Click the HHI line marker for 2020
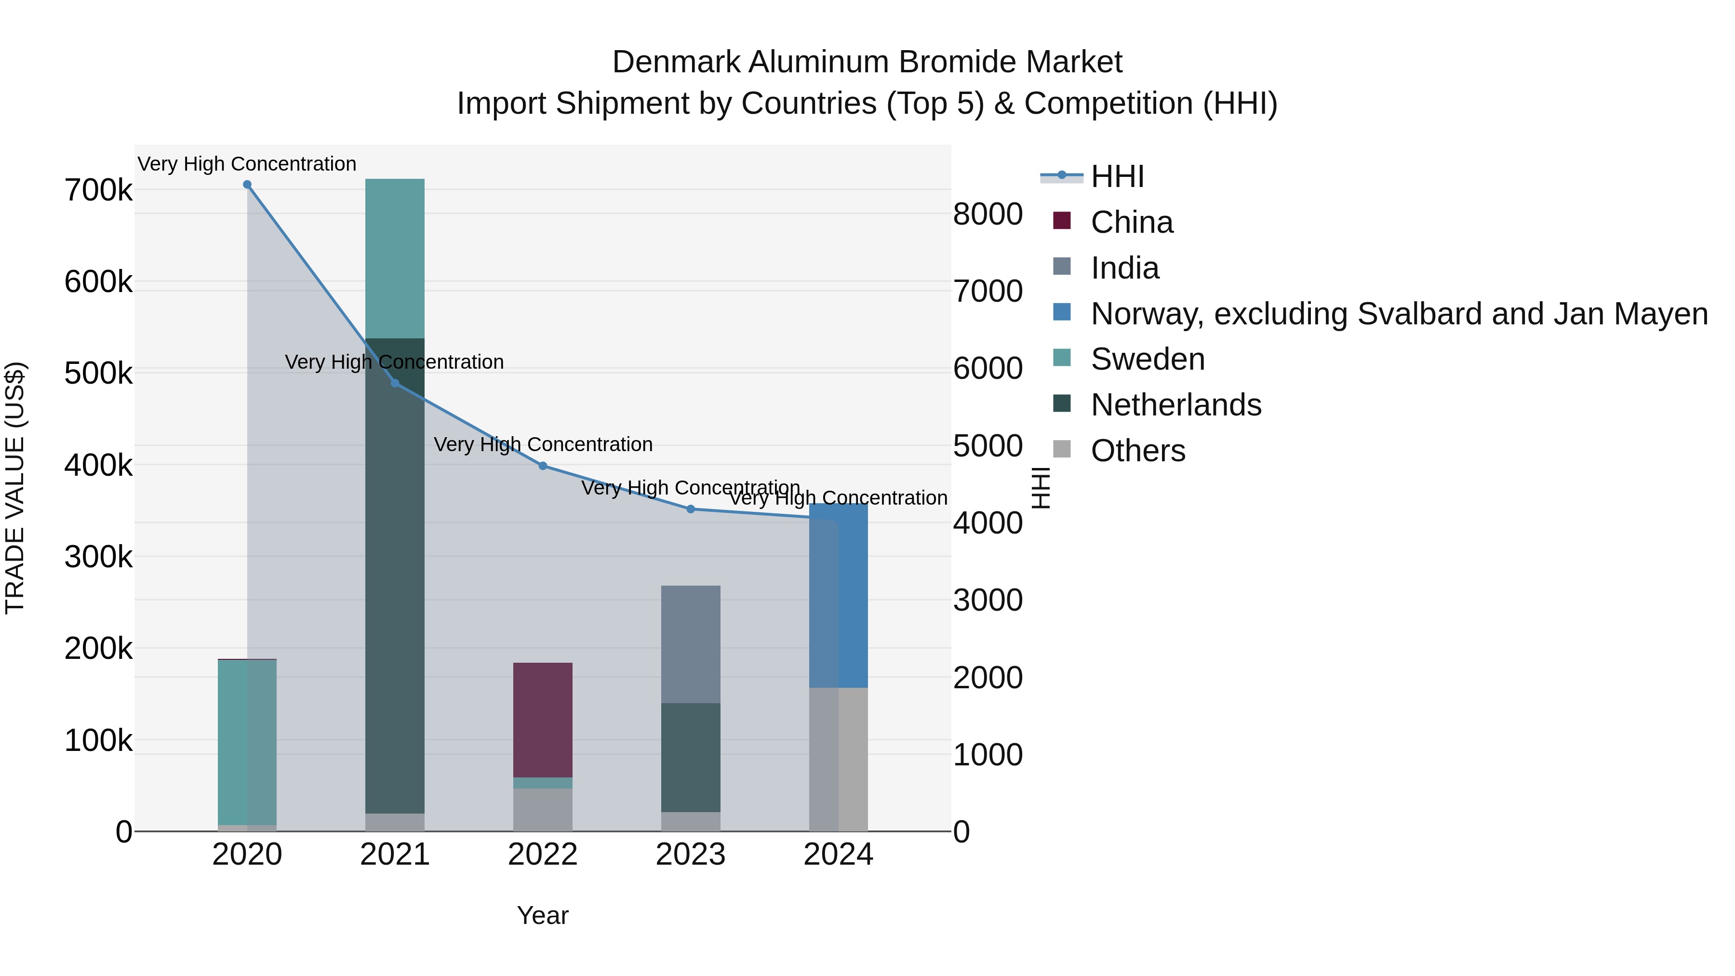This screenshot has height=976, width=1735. click(247, 185)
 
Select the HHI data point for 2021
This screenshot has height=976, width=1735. click(395, 383)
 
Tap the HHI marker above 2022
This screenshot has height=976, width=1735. click(543, 466)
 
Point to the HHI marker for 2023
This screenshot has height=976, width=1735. click(690, 509)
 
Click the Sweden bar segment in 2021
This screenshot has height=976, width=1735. click(395, 259)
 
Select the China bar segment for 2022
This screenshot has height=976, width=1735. click(543, 720)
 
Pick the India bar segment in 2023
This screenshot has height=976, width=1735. click(690, 644)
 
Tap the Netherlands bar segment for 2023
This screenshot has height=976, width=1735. click(690, 758)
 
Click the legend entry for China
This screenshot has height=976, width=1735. click(1132, 222)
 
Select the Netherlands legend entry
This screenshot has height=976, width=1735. click(1175, 405)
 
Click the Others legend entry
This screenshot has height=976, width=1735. click(1137, 451)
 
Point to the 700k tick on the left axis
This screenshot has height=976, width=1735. click(98, 190)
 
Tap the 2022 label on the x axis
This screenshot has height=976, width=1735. click(543, 855)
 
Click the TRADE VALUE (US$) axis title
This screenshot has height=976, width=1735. click(15, 488)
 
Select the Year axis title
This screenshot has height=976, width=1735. click(543, 915)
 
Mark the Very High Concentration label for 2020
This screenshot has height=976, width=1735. click(247, 164)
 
